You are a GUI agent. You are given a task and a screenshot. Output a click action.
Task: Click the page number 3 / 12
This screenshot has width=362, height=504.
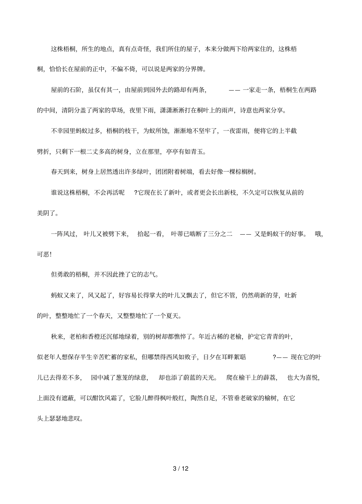point(181,468)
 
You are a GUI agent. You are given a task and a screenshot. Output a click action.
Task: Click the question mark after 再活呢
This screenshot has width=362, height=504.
point(136,193)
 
